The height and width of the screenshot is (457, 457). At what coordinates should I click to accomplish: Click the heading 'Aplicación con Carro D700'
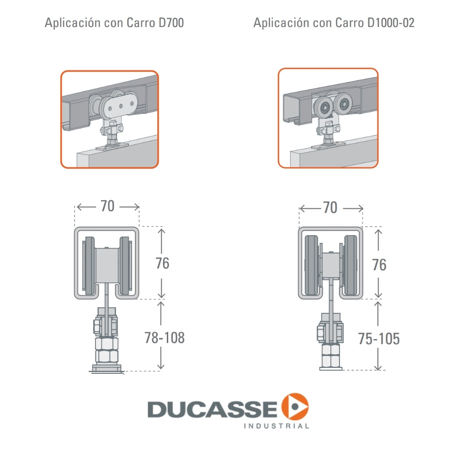114,23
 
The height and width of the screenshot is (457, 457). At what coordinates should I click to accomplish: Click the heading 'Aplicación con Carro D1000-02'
334,23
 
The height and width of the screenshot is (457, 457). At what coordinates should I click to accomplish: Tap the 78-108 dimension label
164,338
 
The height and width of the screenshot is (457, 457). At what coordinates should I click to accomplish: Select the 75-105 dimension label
379,339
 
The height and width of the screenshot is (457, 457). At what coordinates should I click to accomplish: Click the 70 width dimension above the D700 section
107,207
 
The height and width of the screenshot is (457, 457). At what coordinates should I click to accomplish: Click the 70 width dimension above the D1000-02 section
330,208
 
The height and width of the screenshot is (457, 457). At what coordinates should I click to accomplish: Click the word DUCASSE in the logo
212,409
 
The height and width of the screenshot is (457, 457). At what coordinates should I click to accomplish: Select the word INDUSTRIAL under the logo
277,426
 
